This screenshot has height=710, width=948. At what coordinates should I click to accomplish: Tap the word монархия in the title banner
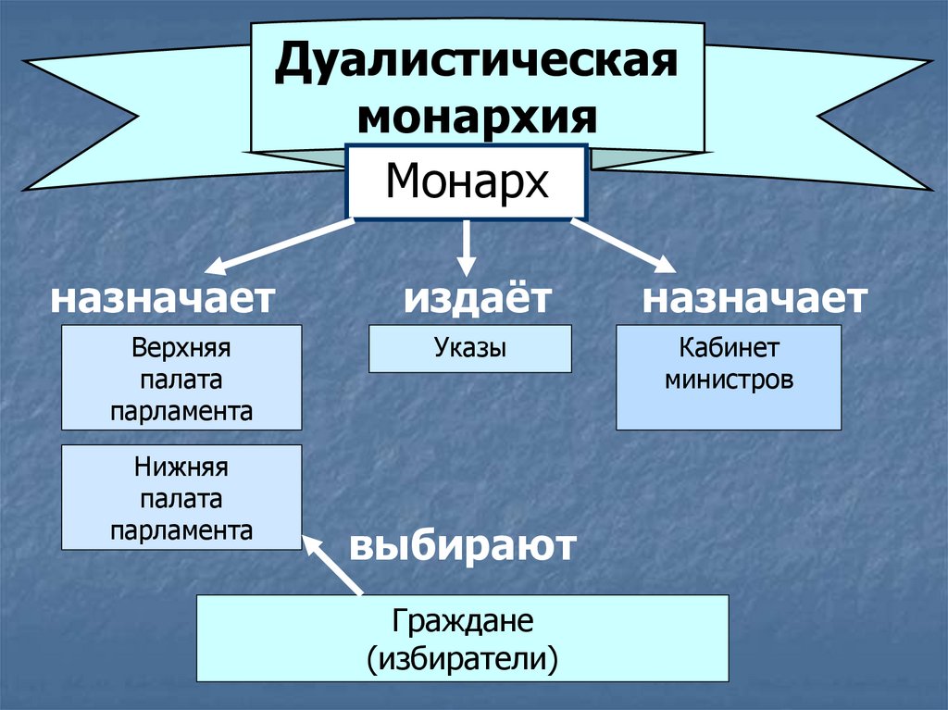pyautogui.click(x=477, y=118)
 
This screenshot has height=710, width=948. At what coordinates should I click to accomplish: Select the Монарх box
pyautogui.click(x=467, y=181)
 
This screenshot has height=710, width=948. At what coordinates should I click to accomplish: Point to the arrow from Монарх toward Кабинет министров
pyautogui.click(x=623, y=246)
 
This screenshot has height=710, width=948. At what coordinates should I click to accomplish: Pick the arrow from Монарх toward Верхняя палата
pyautogui.click(x=278, y=247)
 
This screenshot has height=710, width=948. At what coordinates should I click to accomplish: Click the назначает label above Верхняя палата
pyautogui.click(x=163, y=298)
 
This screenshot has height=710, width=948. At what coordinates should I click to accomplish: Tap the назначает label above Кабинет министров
pyautogui.click(x=755, y=298)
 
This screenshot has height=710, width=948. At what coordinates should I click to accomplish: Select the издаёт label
pyautogui.click(x=477, y=298)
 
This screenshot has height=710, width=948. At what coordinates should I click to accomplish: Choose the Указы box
pyautogui.click(x=470, y=349)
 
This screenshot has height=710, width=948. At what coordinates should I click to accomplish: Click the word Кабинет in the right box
pyautogui.click(x=729, y=349)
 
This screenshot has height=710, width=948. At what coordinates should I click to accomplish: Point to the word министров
pyautogui.click(x=729, y=380)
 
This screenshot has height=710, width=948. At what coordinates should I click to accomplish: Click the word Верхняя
pyautogui.click(x=181, y=349)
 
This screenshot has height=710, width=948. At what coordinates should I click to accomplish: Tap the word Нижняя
pyautogui.click(x=181, y=468)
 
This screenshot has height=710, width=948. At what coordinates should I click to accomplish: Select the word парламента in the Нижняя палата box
pyautogui.click(x=181, y=530)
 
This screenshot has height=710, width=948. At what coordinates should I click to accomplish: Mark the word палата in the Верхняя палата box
pyautogui.click(x=181, y=380)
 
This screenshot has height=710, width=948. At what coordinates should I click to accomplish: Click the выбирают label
pyautogui.click(x=463, y=545)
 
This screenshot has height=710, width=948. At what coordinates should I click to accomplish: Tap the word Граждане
pyautogui.click(x=463, y=621)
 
